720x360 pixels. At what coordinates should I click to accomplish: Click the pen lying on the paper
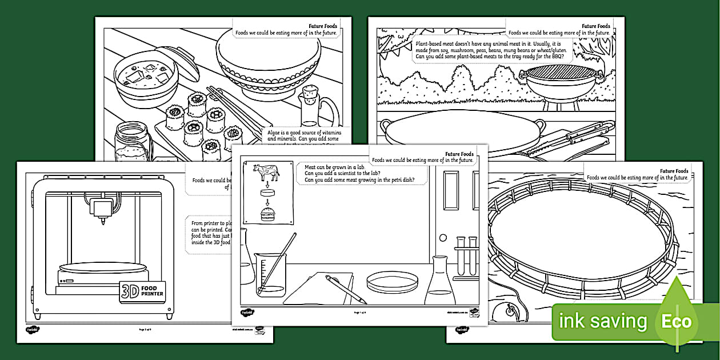(346, 289)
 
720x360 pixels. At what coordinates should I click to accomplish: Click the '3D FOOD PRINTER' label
(142, 290)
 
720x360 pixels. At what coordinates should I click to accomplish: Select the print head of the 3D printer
(103, 209)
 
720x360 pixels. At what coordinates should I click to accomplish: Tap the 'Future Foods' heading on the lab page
(459, 154)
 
